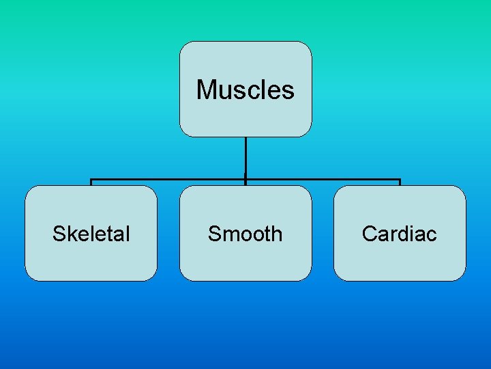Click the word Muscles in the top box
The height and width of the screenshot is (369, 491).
click(x=245, y=90)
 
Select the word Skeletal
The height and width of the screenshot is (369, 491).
click(x=91, y=234)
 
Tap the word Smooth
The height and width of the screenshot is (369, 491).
click(x=245, y=234)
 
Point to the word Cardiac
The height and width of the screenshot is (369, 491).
click(x=399, y=234)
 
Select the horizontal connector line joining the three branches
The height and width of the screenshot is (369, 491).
click(x=170, y=180)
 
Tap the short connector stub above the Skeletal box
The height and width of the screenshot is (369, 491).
click(x=91, y=182)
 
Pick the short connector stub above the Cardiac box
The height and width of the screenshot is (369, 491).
click(x=400, y=182)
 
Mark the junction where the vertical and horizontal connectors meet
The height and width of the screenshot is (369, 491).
click(x=245, y=180)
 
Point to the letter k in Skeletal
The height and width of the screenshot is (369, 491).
click(x=71, y=234)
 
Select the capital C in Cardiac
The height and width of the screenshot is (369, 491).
click(x=370, y=234)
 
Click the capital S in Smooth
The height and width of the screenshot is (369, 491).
click(x=214, y=234)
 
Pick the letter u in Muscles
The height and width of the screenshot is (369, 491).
click(x=222, y=91)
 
